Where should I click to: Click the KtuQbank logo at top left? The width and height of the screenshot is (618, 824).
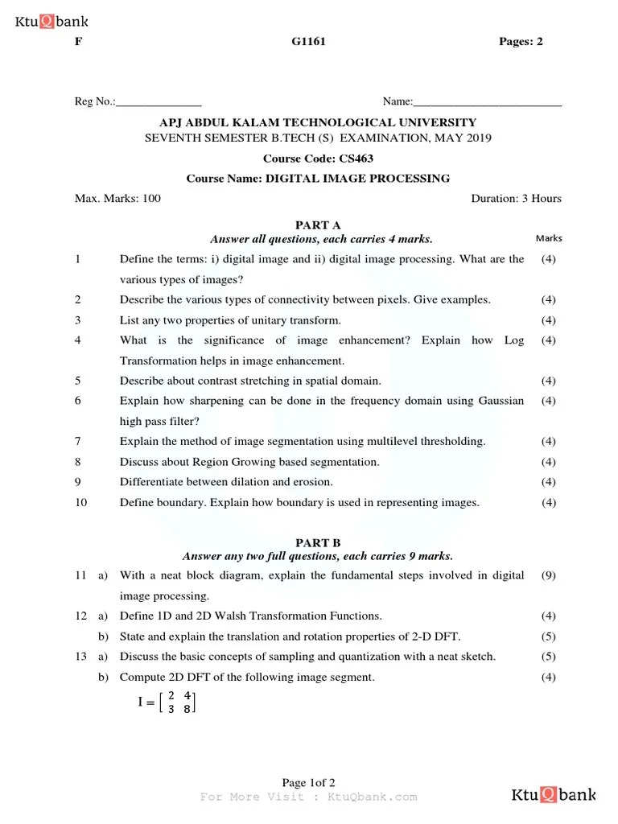pyautogui.click(x=51, y=22)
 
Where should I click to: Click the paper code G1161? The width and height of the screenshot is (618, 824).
pyautogui.click(x=308, y=42)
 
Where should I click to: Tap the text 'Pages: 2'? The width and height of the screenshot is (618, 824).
pyautogui.click(x=521, y=42)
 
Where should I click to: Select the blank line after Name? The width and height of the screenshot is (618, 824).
pyautogui.click(x=487, y=103)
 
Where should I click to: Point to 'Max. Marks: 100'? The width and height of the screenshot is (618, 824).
pyautogui.click(x=117, y=199)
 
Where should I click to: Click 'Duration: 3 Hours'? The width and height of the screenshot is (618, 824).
pyautogui.click(x=516, y=199)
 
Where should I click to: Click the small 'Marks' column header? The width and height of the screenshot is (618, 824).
pyautogui.click(x=549, y=238)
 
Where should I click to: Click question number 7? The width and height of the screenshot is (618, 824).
pyautogui.click(x=78, y=441)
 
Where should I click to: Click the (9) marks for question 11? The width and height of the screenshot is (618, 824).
pyautogui.click(x=548, y=575)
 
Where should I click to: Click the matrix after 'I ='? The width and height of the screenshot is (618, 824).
pyautogui.click(x=179, y=702)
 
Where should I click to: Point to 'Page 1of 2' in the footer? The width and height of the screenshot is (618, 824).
pyautogui.click(x=308, y=783)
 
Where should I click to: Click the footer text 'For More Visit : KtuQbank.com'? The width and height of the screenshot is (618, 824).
pyautogui.click(x=308, y=797)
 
